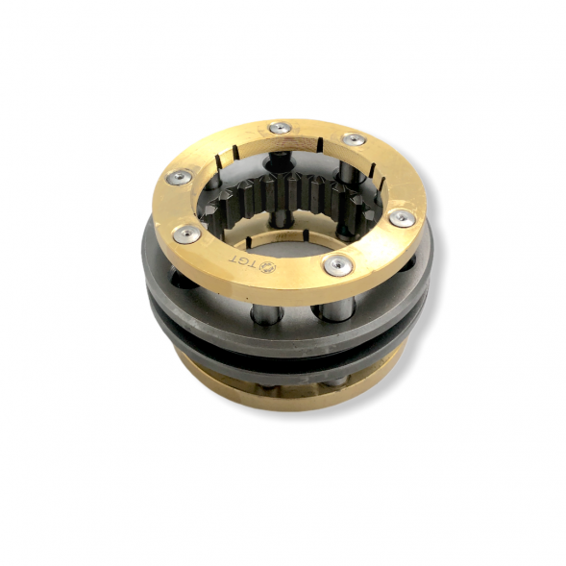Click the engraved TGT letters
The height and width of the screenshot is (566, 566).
click(x=240, y=261)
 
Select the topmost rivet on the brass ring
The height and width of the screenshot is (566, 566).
click(x=282, y=128)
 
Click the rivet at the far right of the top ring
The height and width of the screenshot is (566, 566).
click(x=402, y=218)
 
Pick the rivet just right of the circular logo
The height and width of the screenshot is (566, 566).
click(x=336, y=264)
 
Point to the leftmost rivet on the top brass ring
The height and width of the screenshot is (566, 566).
click(x=177, y=177)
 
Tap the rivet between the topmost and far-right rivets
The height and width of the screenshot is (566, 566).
click(x=353, y=138)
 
